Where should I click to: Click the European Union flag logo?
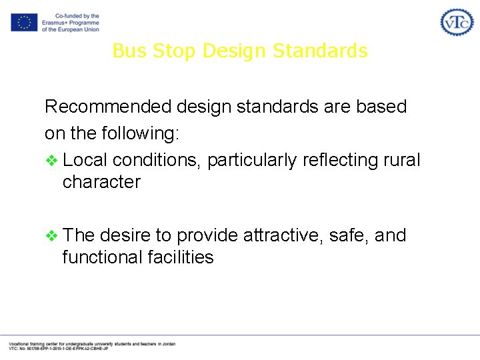click(x=24, y=23)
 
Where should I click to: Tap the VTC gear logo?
click(x=457, y=23)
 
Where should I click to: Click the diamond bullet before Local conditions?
click(x=51, y=161)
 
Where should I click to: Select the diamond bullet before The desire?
click(x=51, y=235)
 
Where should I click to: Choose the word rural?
click(x=402, y=161)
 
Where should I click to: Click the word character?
click(x=101, y=182)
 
